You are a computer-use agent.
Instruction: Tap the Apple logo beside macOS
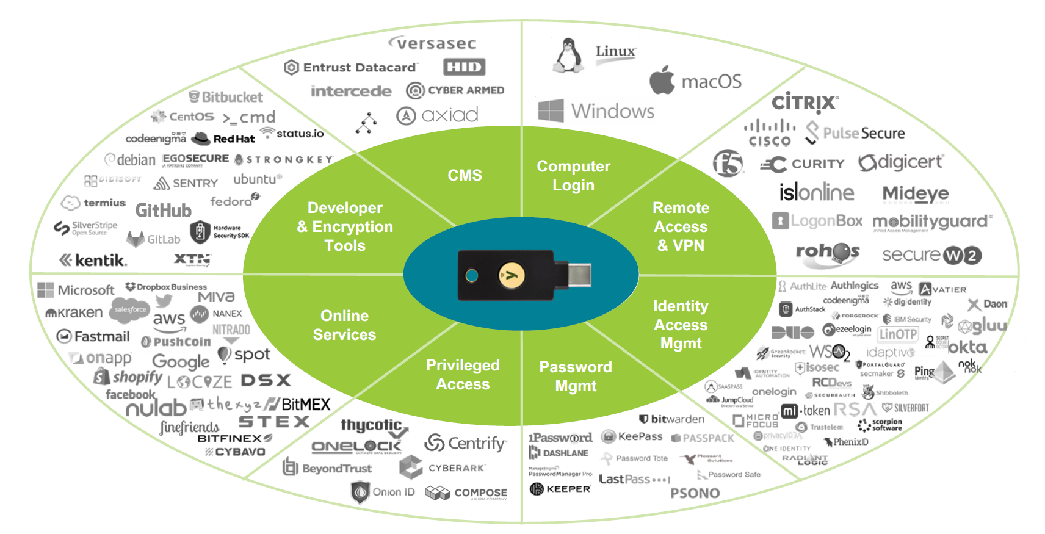662,80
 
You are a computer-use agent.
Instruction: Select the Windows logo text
612,111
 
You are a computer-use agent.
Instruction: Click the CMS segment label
465,175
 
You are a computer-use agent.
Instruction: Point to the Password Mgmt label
576,376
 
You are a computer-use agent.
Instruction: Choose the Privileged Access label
463,375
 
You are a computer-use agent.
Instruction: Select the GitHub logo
163,211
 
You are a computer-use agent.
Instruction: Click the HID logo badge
464,67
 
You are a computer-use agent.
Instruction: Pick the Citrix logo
805,103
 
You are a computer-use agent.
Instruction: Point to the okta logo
967,347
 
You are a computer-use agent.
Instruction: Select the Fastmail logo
93,336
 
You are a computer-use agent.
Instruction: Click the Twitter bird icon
164,300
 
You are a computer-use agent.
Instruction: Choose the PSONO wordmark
695,493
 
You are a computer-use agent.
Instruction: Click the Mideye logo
915,194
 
